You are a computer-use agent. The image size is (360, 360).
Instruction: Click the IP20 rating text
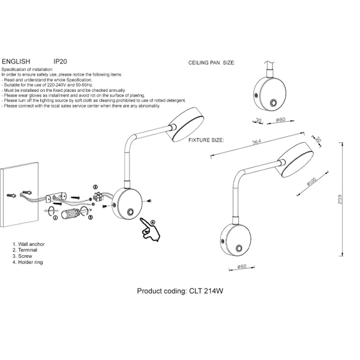click(60, 62)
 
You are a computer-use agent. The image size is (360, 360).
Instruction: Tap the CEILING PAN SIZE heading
click(212, 62)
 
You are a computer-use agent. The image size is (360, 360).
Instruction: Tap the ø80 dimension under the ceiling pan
click(279, 121)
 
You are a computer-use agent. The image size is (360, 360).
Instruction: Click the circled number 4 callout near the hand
click(153, 222)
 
